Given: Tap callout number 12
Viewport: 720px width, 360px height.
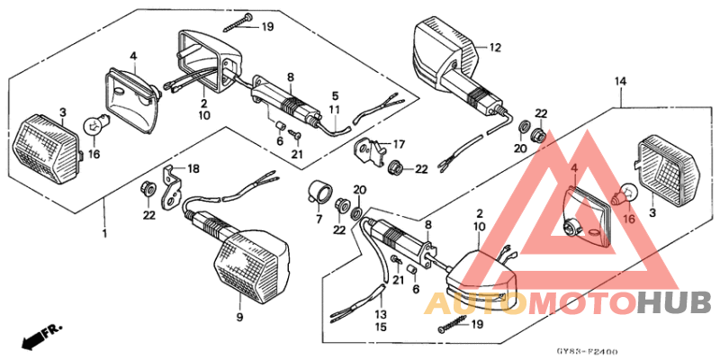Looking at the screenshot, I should click(x=494, y=47).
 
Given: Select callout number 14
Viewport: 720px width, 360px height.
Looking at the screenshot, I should click(x=620, y=83).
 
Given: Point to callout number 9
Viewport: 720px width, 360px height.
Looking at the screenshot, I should click(x=240, y=318).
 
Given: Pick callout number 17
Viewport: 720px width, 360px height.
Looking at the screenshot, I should click(x=400, y=143).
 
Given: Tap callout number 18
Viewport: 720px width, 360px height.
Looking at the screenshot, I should click(x=193, y=168).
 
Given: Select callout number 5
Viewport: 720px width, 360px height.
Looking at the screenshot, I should click(x=334, y=94).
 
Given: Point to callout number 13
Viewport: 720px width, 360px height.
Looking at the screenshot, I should click(x=381, y=314).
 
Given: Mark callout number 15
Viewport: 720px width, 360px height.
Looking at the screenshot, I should click(x=381, y=328).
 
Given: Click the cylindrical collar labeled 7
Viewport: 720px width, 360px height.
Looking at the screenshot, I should click(x=319, y=192).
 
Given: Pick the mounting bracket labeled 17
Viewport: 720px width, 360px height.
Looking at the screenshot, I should click(x=369, y=152).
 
